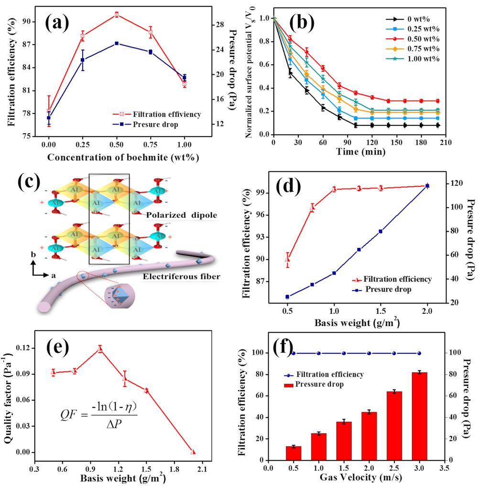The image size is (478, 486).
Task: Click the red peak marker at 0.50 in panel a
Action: [117, 14]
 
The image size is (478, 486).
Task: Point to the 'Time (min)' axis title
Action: [354, 152]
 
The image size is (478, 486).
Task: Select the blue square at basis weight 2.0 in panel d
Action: [427, 186]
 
